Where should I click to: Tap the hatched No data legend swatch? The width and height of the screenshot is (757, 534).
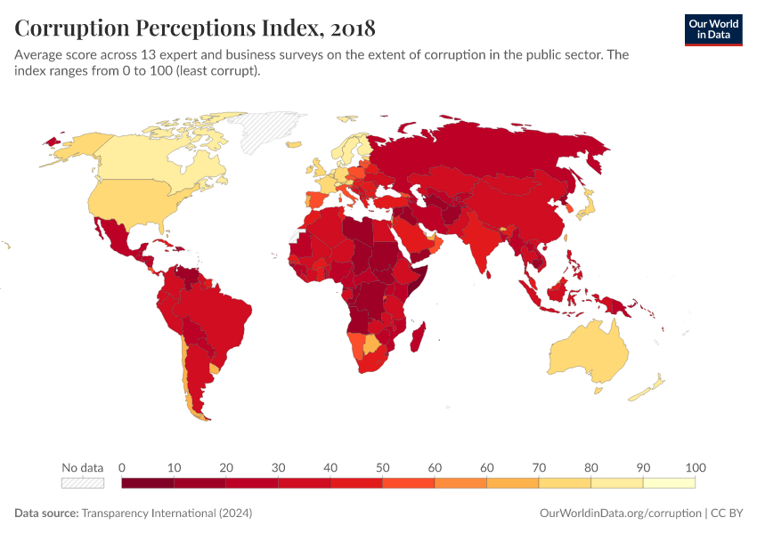point(83,482)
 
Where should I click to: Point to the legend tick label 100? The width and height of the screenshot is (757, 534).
point(695,467)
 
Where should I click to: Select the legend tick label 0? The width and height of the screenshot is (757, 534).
point(122,467)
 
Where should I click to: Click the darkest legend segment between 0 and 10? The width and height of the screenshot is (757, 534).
point(148,482)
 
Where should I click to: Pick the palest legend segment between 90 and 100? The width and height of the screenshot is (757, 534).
point(669,482)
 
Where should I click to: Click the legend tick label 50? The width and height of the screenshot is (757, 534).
point(382,467)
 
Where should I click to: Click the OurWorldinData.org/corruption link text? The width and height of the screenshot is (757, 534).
point(620,514)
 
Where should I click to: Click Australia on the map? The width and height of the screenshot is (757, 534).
point(592,352)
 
